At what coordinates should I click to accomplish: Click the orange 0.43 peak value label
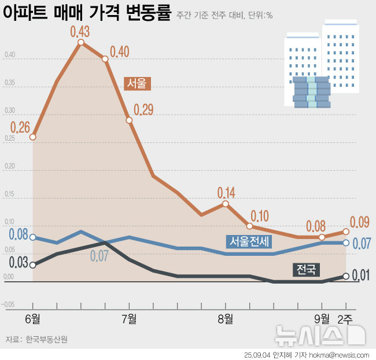[x=80, y=31]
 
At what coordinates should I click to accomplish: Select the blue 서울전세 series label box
[x=249, y=241]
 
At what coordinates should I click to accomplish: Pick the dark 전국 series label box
[x=306, y=269]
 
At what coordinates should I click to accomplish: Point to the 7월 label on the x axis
[x=129, y=318]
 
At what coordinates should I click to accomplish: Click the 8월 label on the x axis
[x=226, y=318]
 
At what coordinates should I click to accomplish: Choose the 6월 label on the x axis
[x=32, y=318]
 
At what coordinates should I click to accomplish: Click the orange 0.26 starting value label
[x=20, y=126]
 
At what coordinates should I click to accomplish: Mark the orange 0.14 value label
[x=226, y=192]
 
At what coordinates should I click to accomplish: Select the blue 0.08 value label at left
[x=19, y=235]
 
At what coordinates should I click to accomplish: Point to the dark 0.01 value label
[x=360, y=275]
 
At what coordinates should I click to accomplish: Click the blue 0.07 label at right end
[x=361, y=244]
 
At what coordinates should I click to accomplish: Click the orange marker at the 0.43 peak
[x=80, y=42]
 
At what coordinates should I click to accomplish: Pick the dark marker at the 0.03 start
[x=33, y=265]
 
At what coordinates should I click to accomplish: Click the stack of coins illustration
[x=311, y=93]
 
